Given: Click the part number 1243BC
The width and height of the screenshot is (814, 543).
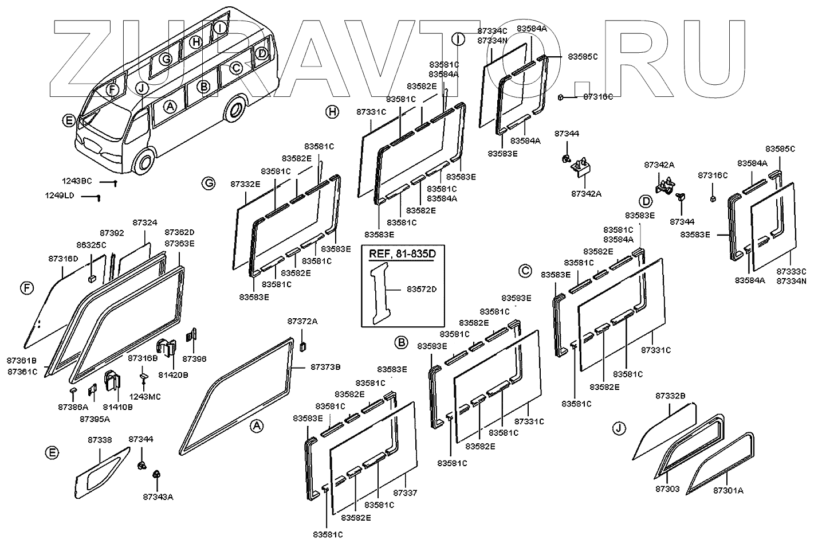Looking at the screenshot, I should coord(77,181).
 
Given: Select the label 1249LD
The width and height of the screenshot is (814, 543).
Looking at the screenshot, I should coord(60,196).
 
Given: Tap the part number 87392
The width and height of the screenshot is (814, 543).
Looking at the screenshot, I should coord(112,233).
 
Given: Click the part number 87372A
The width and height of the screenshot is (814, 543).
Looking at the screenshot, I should coord(302,321).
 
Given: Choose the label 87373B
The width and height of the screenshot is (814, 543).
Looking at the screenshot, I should coord(325,366).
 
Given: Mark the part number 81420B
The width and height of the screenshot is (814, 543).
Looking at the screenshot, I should coord(172,375).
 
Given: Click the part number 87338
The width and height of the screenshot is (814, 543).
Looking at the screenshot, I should coord(100,440).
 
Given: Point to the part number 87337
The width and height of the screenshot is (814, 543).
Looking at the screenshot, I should coord(405,493).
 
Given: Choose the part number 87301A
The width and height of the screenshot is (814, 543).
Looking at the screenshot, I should coord(728,490).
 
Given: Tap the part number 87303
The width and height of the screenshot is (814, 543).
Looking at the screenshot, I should coord(668,489).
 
